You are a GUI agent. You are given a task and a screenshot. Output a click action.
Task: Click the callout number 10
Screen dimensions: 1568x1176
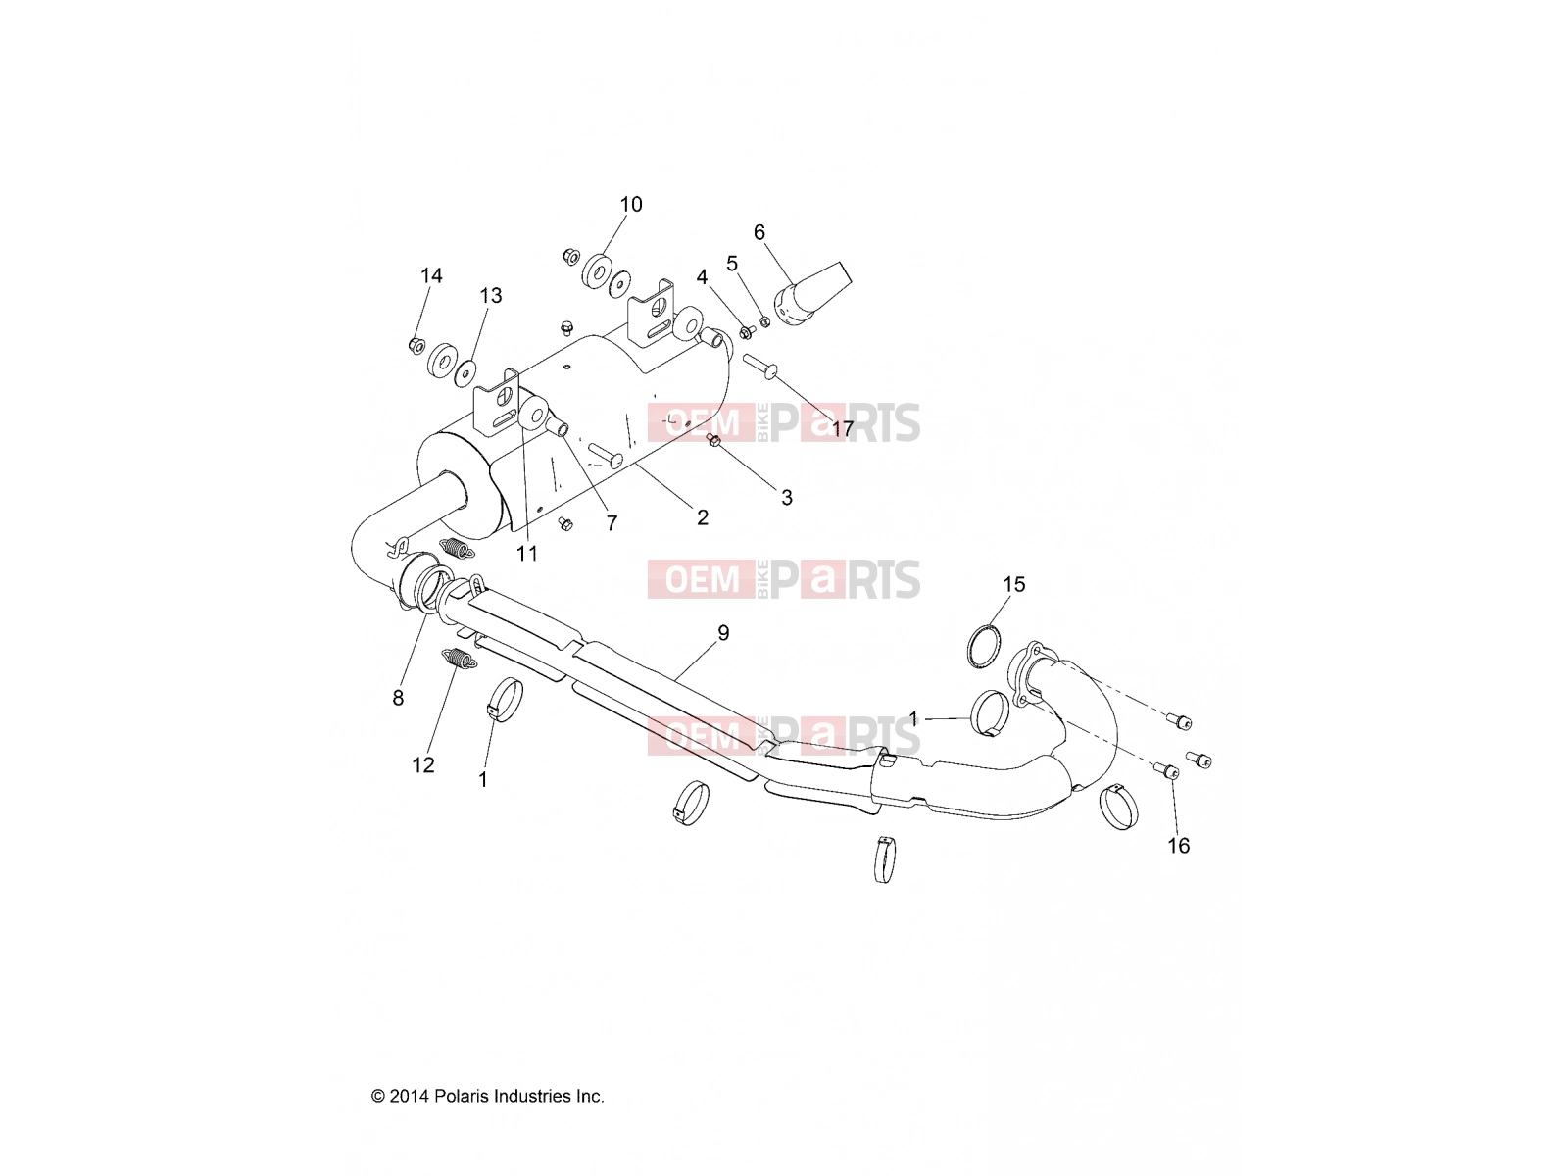631,204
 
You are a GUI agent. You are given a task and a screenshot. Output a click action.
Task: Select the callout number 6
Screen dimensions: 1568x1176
759,232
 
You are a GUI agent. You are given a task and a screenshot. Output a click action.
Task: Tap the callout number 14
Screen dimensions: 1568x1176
431,275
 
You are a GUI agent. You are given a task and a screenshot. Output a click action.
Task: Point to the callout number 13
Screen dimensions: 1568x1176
491,296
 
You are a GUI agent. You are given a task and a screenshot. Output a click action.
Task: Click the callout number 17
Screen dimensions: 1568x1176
843,429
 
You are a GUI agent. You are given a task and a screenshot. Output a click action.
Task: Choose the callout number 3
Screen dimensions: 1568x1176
787,498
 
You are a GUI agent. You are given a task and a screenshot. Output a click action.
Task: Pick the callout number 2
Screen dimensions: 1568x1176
703,517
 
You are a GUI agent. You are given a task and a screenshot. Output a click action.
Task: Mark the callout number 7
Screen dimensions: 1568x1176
612,523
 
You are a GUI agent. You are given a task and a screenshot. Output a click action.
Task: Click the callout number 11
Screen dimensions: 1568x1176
527,554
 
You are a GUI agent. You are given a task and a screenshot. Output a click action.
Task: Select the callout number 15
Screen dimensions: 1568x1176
1013,584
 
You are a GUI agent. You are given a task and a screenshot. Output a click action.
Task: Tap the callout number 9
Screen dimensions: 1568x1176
723,633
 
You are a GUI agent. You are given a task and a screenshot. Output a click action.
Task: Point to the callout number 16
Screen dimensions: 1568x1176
1179,846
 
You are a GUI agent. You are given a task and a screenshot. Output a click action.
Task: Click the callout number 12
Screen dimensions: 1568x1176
423,764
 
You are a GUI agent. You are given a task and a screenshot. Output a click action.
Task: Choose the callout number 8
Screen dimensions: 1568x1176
398,698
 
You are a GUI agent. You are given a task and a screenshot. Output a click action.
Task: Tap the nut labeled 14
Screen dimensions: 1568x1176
416,346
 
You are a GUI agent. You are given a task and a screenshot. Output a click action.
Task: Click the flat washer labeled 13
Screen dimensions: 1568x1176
465,373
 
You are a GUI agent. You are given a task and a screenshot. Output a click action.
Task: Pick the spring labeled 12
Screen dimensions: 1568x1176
458,658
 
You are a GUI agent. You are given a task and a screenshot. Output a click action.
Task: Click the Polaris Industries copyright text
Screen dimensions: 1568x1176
488,1096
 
